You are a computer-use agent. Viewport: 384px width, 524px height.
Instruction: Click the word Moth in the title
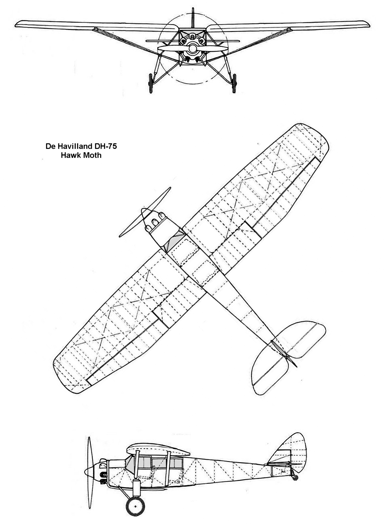pyautogui.click(x=92, y=155)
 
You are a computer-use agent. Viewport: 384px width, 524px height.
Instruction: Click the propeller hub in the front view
pyautogui.click(x=193, y=49)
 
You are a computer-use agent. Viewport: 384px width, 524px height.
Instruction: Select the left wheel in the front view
pyautogui.click(x=151, y=83)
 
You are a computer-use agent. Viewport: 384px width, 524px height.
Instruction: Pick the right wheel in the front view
pyautogui.click(x=234, y=83)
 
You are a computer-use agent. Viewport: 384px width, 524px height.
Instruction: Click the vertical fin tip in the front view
pyautogui.click(x=193, y=9)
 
